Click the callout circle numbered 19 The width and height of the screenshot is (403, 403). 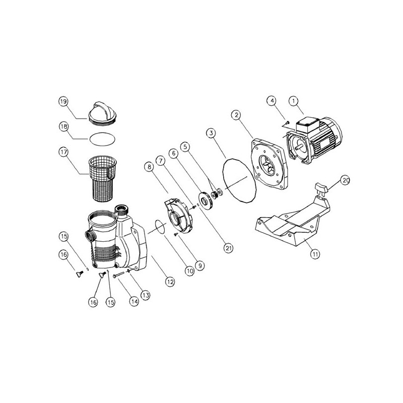pyautogui.click(x=63, y=102)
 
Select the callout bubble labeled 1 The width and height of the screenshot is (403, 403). pyautogui.click(x=294, y=101)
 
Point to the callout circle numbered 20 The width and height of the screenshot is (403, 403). pyautogui.click(x=346, y=180)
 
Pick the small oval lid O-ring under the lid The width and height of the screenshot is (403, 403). pyautogui.click(x=102, y=140)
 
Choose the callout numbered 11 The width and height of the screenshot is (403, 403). pyautogui.click(x=315, y=254)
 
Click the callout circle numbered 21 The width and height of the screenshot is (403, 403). pyautogui.click(x=229, y=248)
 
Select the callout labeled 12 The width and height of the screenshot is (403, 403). pyautogui.click(x=170, y=282)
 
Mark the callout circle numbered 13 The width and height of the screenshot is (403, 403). pyautogui.click(x=146, y=295)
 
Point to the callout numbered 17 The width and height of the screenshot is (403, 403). pyautogui.click(x=63, y=152)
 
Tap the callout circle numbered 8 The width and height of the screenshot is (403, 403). pyautogui.click(x=149, y=167)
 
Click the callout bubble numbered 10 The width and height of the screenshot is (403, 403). pyautogui.click(x=189, y=271)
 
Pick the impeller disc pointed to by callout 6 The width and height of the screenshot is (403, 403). pyautogui.click(x=206, y=200)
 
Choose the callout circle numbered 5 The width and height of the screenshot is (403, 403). pyautogui.click(x=185, y=147)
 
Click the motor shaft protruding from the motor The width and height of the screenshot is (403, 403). pyautogui.click(x=299, y=148)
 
